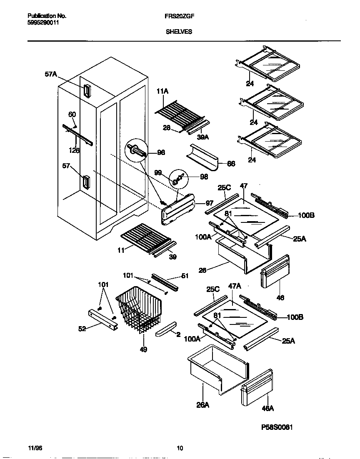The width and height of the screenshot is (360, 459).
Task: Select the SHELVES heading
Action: click(179, 31)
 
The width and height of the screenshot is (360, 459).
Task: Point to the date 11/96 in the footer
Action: click(36, 448)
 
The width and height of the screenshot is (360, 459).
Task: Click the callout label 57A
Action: click(50, 74)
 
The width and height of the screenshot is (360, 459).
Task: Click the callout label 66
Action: click(230, 164)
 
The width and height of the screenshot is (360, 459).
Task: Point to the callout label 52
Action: click(82, 329)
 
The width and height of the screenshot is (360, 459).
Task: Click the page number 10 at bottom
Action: click(180, 448)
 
